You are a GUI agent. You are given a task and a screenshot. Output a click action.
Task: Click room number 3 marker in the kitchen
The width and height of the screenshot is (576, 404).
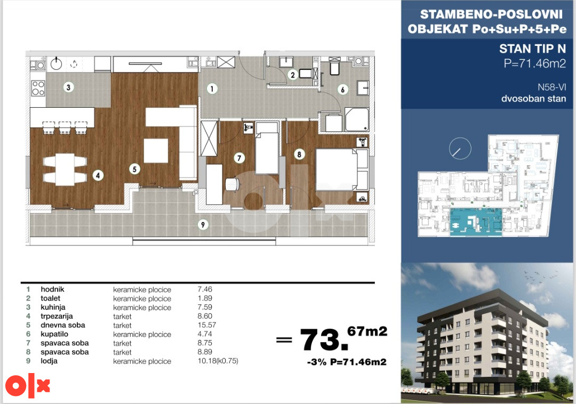pyautogui.click(x=68, y=87)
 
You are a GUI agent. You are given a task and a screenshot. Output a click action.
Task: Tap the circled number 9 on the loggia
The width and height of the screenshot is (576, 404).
pyautogui.click(x=203, y=224)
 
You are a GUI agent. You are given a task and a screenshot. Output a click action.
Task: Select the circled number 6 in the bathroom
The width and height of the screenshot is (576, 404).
pyautogui.click(x=343, y=89)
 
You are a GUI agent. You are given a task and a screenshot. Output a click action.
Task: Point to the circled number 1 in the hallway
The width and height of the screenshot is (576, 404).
pyautogui.click(x=212, y=89)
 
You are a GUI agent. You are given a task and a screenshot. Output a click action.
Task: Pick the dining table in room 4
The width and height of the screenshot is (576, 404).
pyautogui.click(x=65, y=169)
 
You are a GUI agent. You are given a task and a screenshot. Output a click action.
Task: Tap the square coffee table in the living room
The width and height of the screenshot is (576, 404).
pyautogui.click(x=156, y=150)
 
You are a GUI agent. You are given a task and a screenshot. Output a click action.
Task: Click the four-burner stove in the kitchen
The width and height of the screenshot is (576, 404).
pyautogui.click(x=38, y=88)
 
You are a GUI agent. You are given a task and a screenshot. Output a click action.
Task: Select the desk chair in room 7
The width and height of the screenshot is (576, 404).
pyautogui.click(x=232, y=184)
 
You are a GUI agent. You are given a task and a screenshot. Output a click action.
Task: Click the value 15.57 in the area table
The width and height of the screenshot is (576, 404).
pyautogui.click(x=207, y=325)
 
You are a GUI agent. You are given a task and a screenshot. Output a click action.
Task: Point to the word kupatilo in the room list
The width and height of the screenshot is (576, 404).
pyautogui.click(x=54, y=334)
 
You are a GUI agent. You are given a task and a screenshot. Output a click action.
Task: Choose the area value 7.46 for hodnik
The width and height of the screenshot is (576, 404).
pyautogui.click(x=205, y=289)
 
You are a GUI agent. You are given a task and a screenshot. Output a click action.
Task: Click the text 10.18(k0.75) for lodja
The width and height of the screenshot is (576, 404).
pyautogui.click(x=218, y=361)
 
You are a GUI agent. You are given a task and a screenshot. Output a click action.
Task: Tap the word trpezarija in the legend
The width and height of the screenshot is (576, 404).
pyautogui.click(x=57, y=316)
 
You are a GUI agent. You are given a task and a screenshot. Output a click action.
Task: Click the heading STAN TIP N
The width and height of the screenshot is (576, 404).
pyautogui.click(x=532, y=49)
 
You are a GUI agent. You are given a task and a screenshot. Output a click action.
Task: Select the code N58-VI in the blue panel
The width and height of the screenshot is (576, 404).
pyautogui.click(x=552, y=87)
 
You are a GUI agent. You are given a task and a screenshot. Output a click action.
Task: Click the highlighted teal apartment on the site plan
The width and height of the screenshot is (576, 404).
pyautogui.click(x=476, y=221)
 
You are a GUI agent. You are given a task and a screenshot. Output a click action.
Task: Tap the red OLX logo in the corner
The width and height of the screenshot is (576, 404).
pyautogui.click(x=28, y=385)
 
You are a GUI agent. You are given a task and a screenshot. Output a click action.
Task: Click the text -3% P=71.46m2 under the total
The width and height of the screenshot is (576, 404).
pyautogui.click(x=347, y=362)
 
